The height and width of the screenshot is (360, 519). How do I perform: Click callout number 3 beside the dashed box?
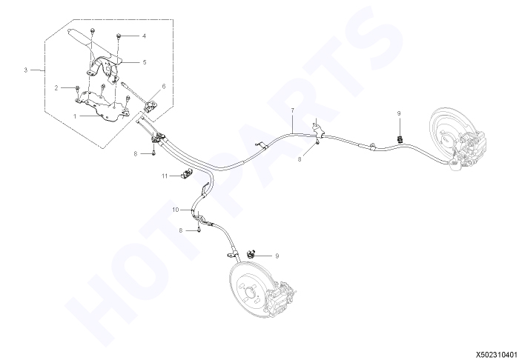(x=25, y=70)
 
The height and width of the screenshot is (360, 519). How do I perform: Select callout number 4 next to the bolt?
(x=144, y=36)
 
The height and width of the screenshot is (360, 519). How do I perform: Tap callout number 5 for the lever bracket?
(x=145, y=62)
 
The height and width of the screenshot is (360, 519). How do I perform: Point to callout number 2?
(x=56, y=88)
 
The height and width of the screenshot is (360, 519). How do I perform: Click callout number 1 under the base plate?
(x=75, y=116)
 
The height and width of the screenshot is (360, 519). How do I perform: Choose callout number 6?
(x=164, y=87)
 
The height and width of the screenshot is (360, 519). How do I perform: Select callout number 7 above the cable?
(x=293, y=110)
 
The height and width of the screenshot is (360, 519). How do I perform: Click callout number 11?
(x=165, y=176)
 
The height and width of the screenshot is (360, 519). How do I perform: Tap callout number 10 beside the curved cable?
(x=176, y=210)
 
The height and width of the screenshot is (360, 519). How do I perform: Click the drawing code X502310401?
(x=497, y=354)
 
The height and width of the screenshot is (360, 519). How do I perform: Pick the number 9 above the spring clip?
(x=399, y=113)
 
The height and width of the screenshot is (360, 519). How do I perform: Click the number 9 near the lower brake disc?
(x=277, y=256)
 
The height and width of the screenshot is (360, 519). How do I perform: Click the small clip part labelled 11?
(x=187, y=173)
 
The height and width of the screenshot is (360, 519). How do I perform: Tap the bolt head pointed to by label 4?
(x=119, y=36)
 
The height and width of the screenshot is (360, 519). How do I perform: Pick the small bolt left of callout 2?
(x=77, y=88)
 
